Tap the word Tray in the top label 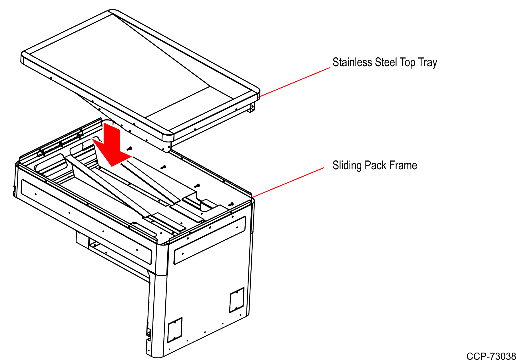[427, 63]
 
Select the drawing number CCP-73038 [491, 356]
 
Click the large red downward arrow [112, 146]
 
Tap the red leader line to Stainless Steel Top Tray [294, 82]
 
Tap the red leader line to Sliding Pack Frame [288, 182]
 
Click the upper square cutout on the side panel [237, 300]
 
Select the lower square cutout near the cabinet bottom [175, 330]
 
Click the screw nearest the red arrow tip [129, 148]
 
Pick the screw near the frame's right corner [231, 204]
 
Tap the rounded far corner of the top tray [113, 11]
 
